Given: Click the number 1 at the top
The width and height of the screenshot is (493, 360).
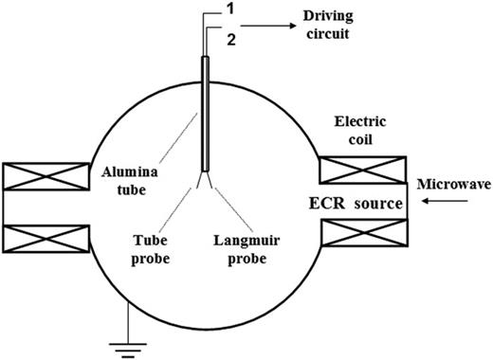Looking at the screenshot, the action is pyautogui.click(x=230, y=9).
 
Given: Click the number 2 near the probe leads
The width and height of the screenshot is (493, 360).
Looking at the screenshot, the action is pyautogui.click(x=231, y=40).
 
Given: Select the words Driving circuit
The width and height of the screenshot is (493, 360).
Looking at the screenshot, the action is pyautogui.click(x=328, y=25).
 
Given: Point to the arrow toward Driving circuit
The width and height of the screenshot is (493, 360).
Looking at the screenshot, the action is pyautogui.click(x=268, y=26).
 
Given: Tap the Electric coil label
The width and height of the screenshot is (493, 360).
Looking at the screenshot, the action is pyautogui.click(x=360, y=131).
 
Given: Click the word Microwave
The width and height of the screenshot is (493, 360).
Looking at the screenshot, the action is pyautogui.click(x=454, y=184).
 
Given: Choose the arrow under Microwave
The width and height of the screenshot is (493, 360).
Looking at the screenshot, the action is pyautogui.click(x=445, y=201).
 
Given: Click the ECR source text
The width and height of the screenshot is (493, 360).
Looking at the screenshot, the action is pyautogui.click(x=356, y=204).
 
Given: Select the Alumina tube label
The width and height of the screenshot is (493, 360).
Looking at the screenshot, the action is pyautogui.click(x=130, y=181).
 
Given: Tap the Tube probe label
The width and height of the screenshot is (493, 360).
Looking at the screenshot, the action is pyautogui.click(x=151, y=249).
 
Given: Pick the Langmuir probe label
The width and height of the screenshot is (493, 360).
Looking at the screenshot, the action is pyautogui.click(x=246, y=249).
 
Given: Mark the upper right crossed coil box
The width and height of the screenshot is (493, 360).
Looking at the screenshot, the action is pyautogui.click(x=363, y=170).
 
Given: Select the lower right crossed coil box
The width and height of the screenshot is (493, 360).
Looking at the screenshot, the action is pyautogui.click(x=364, y=233).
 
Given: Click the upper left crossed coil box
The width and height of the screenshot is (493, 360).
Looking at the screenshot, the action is pyautogui.click(x=46, y=176).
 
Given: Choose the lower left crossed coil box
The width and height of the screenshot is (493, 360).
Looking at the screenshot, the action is pyautogui.click(x=46, y=239).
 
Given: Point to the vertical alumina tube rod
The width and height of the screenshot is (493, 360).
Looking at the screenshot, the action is pyautogui.click(x=206, y=114).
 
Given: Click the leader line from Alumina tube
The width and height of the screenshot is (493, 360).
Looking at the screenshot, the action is pyautogui.click(x=178, y=138).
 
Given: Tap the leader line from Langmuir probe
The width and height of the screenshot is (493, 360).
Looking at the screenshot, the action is pyautogui.click(x=234, y=209).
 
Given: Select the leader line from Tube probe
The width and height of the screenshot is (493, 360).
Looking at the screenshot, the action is pyautogui.click(x=175, y=209).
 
